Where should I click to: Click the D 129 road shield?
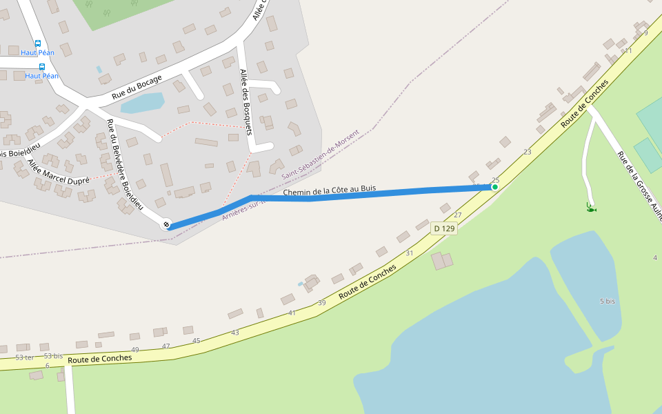pyautogui.click(x=444, y=228)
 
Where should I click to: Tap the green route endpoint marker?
pyautogui.click(x=494, y=187)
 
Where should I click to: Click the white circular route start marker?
pyautogui.click(x=165, y=225)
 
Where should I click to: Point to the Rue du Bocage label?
pyautogui.click(x=137, y=87)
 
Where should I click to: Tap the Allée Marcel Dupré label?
pyautogui.click(x=59, y=170)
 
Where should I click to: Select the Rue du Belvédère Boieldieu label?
pyautogui.click(x=124, y=164)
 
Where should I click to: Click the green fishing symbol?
pyautogui.click(x=590, y=208)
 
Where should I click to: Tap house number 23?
pyautogui.click(x=528, y=152)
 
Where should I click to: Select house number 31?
pyautogui.click(x=409, y=253)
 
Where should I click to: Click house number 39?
pyautogui.click(x=321, y=303)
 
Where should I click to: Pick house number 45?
pyautogui.click(x=197, y=341)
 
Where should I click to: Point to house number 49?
pyautogui.click(x=135, y=350)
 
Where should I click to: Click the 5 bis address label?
pyautogui.click(x=607, y=302)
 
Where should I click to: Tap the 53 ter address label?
pyautogui.click(x=24, y=357)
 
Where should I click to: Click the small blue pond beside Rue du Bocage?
pyautogui.click(x=143, y=103)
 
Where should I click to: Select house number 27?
pyautogui.click(x=457, y=215)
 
